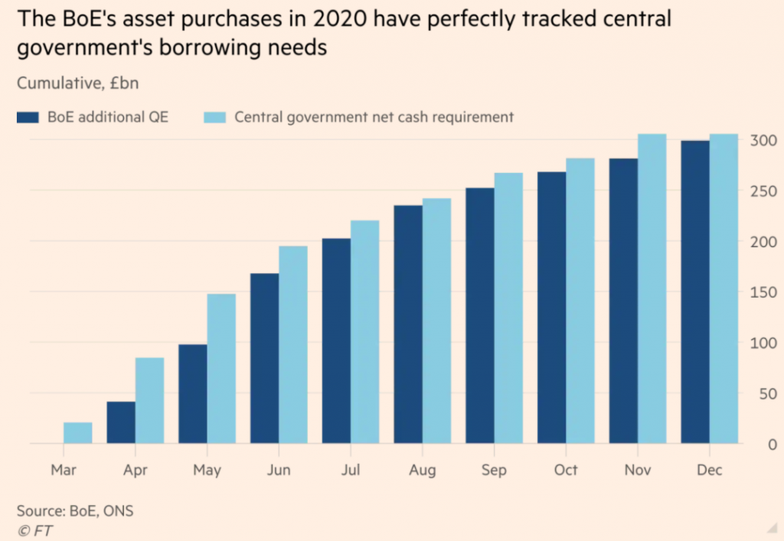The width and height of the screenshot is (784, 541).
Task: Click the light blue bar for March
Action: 78,433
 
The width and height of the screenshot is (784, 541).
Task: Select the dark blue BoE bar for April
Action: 121,422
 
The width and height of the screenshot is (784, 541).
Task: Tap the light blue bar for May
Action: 221,369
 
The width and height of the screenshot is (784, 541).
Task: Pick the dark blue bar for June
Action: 264,359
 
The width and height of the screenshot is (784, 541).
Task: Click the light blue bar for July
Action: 365,331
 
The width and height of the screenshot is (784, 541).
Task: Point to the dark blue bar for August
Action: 408,324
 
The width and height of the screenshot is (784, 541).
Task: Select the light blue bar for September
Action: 508,308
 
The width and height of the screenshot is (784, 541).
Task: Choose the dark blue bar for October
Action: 551,308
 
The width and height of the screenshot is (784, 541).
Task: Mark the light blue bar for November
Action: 652,288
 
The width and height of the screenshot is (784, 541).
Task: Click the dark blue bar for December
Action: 695,292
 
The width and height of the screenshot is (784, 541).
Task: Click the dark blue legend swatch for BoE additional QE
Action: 28,117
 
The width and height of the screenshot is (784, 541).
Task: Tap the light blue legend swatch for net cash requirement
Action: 214,117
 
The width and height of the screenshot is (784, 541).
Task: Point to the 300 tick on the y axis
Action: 763,140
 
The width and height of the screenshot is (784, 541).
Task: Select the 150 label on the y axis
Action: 763,292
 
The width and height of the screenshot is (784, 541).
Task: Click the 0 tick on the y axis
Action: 773,444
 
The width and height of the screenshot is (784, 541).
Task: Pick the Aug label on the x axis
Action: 423,470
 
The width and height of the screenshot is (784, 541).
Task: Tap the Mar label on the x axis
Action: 64,470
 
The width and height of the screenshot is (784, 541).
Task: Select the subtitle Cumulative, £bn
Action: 77,83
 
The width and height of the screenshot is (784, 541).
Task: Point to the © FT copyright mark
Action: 35,530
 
